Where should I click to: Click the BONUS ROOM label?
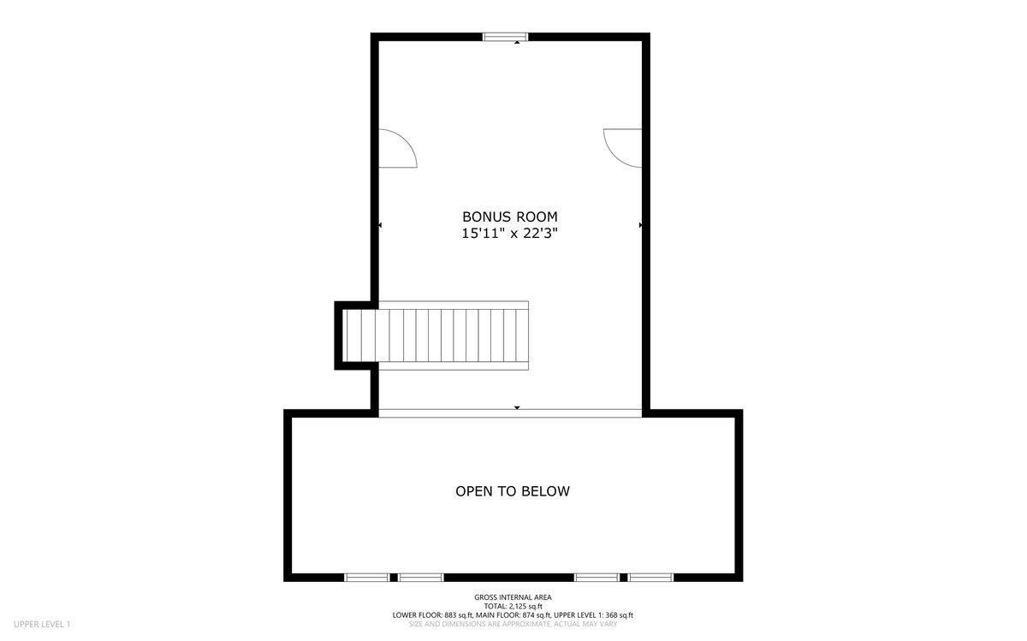[510, 217]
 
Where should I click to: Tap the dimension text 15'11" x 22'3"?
[509, 234]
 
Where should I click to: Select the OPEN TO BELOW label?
[513, 491]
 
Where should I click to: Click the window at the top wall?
[506, 37]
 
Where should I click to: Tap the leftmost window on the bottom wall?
[367, 578]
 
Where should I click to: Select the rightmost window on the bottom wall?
[650, 578]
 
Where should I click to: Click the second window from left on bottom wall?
[420, 578]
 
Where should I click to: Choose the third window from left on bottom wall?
[597, 578]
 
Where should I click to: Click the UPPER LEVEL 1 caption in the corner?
[42, 624]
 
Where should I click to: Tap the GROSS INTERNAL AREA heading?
[513, 597]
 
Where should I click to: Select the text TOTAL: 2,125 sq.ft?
[513, 606]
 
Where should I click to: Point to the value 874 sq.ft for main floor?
[537, 615]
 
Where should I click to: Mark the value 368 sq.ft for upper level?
[620, 615]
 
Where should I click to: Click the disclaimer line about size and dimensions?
[513, 624]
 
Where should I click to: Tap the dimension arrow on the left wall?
[380, 225]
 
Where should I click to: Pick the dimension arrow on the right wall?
[640, 225]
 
